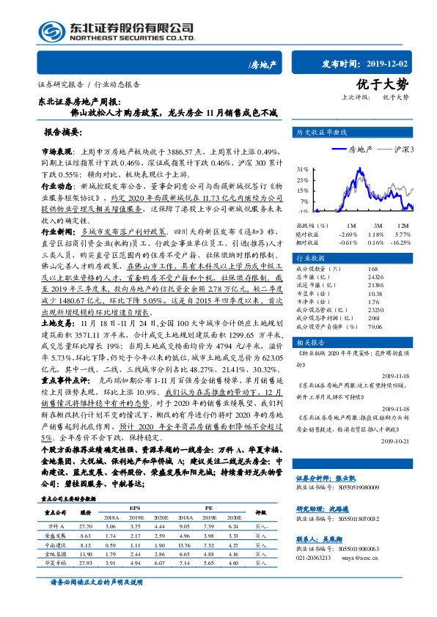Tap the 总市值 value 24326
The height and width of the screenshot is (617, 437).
pyautogui.click(x=374, y=277)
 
